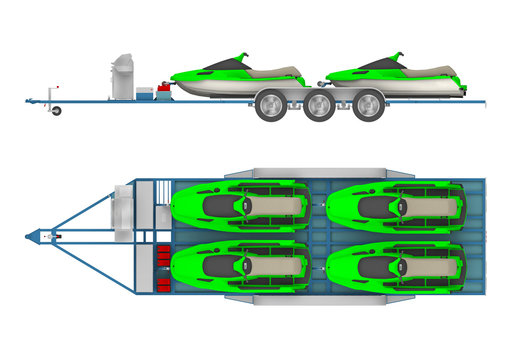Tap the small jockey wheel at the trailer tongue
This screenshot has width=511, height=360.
click(56, 110)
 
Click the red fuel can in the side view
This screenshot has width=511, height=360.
click(162, 91)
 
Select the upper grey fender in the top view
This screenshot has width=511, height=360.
click(305, 174)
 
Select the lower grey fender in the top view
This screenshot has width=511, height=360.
click(305, 299)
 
